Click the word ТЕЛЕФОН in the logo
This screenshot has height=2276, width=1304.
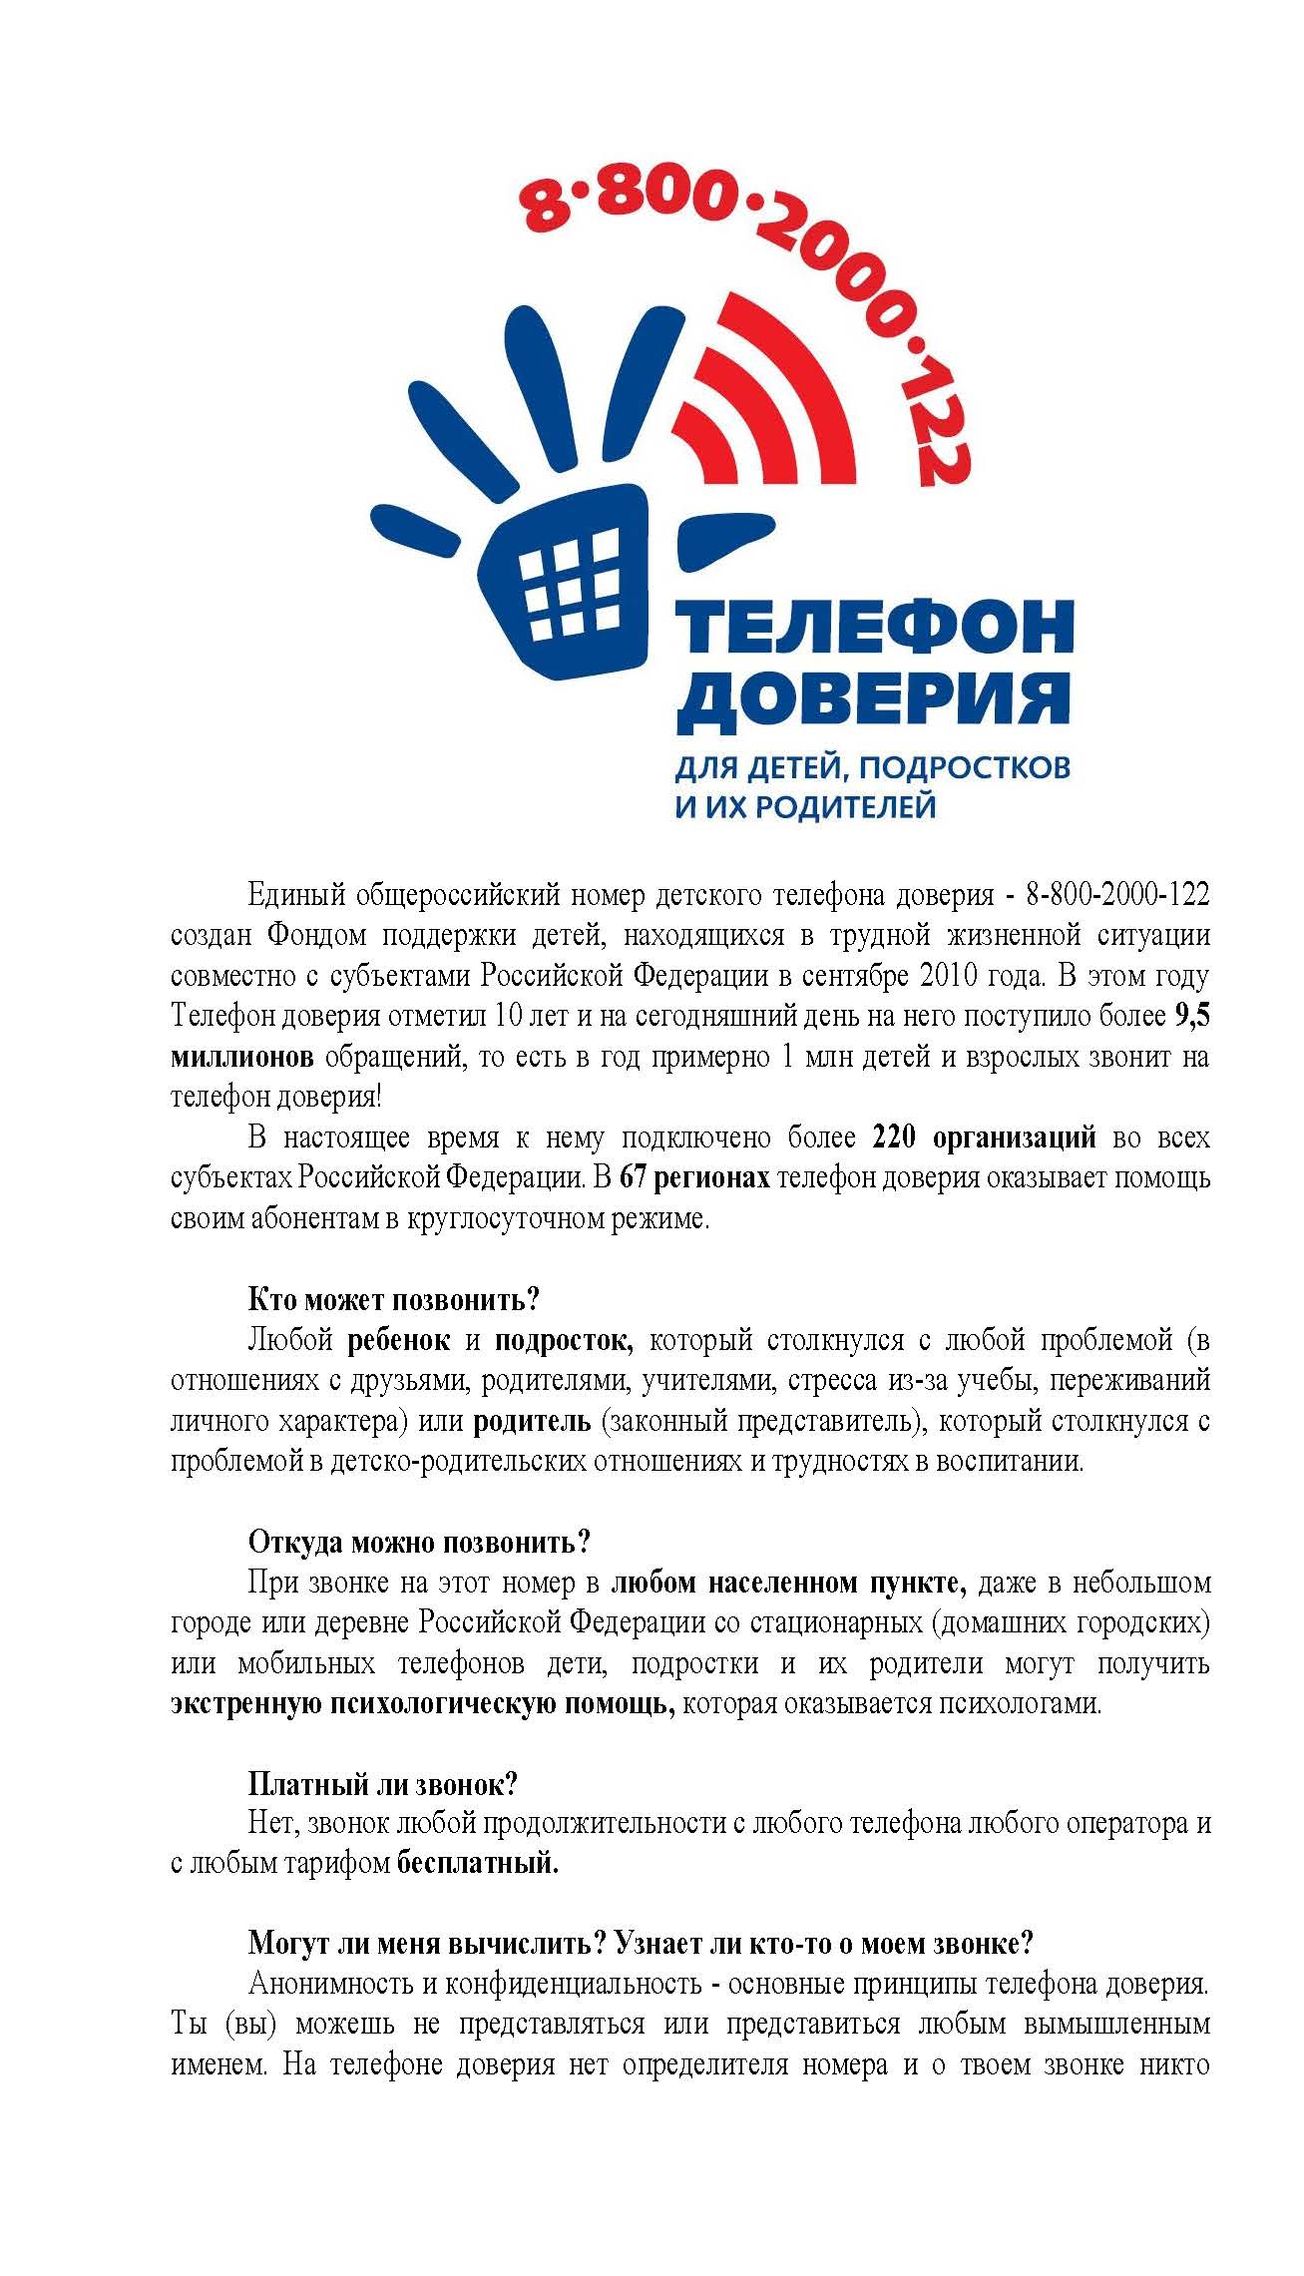875,628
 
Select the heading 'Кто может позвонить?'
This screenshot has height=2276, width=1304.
393,1300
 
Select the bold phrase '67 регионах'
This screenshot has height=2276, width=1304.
694,1178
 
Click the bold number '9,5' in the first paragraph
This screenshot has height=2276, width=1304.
1191,1017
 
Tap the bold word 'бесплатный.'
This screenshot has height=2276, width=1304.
478,1863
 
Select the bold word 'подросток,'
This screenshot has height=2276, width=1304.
565,1340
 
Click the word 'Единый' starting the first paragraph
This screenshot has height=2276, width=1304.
294,895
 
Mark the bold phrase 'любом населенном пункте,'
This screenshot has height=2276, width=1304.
788,1583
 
